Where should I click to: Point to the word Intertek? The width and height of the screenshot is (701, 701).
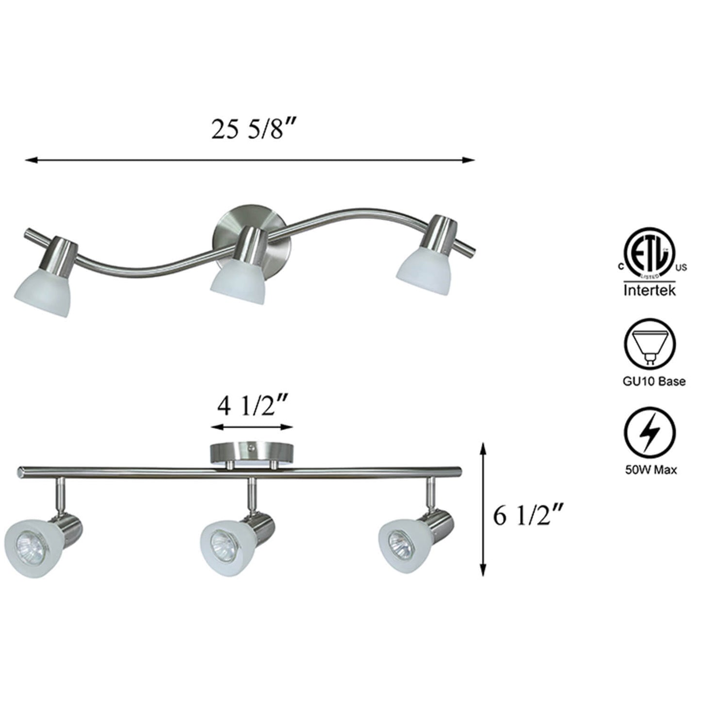click(650, 290)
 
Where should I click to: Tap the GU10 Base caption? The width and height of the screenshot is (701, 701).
click(654, 382)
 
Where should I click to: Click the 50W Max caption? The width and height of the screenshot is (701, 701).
click(651, 470)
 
